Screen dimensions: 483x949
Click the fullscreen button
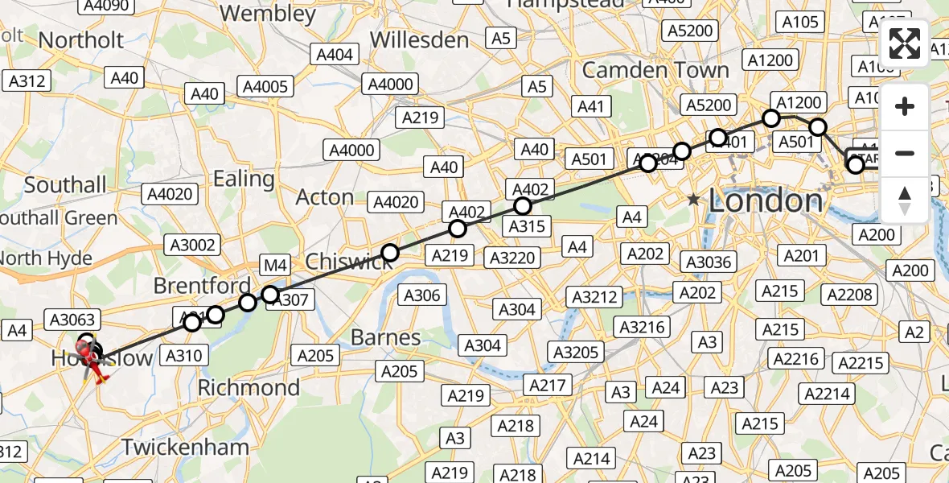[x=905, y=43]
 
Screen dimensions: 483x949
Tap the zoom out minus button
[x=905, y=153]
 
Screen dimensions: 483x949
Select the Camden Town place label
[x=655, y=70]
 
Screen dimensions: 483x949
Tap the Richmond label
[x=249, y=387]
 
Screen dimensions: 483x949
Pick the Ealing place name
[x=243, y=178]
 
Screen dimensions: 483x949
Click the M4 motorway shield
[x=275, y=264]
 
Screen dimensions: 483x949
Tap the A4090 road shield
[x=105, y=6]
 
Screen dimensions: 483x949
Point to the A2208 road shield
[x=850, y=295]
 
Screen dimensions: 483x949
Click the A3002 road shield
[x=190, y=246]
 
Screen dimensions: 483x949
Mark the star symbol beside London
[x=693, y=199]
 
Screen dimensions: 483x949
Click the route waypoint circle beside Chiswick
[x=389, y=253]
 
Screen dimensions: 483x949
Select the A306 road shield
[x=422, y=295]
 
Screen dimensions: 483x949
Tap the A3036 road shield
[x=706, y=261]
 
